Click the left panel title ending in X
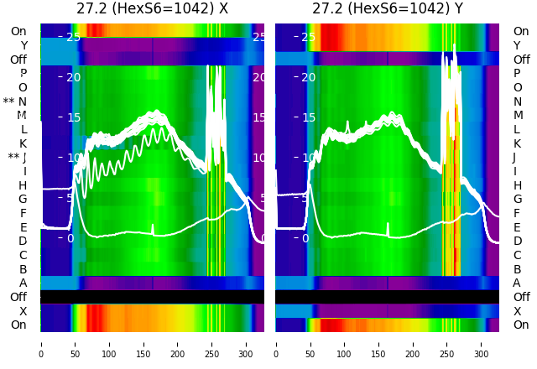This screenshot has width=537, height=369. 152,8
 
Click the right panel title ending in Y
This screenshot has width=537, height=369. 387,8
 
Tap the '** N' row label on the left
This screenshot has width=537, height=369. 15,101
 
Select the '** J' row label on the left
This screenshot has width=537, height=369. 18,158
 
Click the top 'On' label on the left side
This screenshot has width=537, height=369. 18,31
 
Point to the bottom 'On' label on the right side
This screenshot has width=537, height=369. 521,325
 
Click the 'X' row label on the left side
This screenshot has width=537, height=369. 23,311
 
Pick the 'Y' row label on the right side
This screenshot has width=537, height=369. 517,45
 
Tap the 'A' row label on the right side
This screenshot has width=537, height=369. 517,283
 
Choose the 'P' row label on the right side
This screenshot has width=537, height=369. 517,74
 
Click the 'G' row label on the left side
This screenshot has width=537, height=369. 23,200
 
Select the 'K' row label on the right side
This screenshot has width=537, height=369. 517,143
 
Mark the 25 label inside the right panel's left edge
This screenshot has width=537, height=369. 309,37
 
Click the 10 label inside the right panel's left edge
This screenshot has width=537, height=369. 309,158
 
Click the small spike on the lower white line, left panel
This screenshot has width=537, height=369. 153,227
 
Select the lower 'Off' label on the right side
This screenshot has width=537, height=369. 521,297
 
